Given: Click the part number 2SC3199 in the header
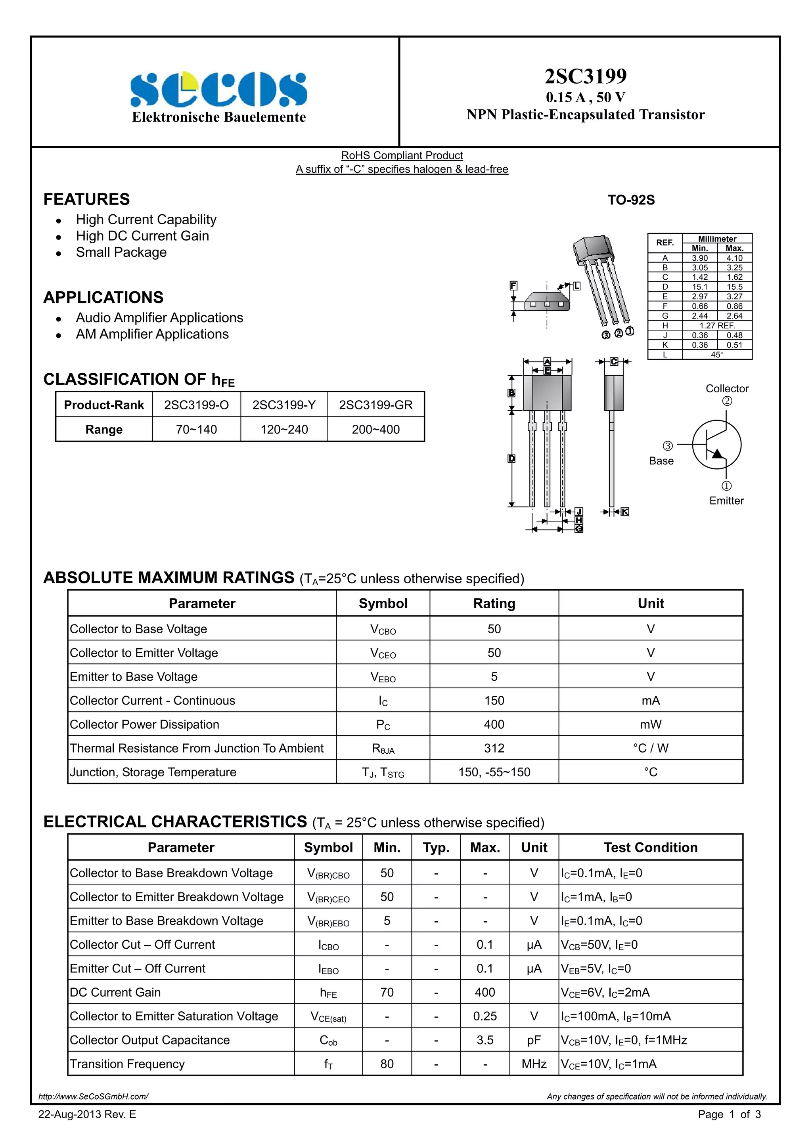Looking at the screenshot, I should pyautogui.click(x=585, y=76).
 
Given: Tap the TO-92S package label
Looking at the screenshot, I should pyautogui.click(x=631, y=200).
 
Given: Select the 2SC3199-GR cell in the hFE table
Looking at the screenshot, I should pyautogui.click(x=376, y=405).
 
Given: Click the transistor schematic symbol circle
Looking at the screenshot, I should pyautogui.click(x=716, y=445).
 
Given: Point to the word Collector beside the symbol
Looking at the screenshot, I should pyautogui.click(x=726, y=388).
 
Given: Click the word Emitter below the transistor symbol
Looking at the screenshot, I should pyautogui.click(x=726, y=500).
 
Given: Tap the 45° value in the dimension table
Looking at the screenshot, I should pyautogui.click(x=716, y=355).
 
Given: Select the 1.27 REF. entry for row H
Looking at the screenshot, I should pyautogui.click(x=716, y=325).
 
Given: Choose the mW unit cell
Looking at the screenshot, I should pyautogui.click(x=650, y=724).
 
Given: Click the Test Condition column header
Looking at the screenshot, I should pyautogui.click(x=650, y=848).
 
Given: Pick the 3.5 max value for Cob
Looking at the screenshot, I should pyautogui.click(x=485, y=1040).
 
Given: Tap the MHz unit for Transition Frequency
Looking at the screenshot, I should pyautogui.click(x=534, y=1064).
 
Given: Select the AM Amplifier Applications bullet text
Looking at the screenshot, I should pyautogui.click(x=152, y=334).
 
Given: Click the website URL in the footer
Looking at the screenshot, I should pyautogui.click(x=94, y=1096).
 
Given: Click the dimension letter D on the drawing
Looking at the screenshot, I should pyautogui.click(x=511, y=458).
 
